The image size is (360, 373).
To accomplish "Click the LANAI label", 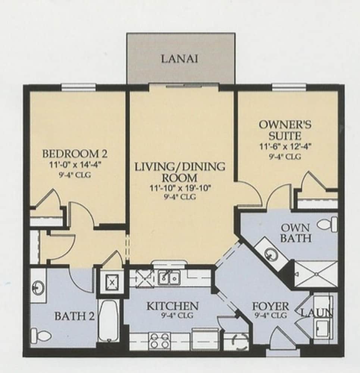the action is [180, 59].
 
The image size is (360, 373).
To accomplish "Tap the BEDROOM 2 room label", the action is [75, 154].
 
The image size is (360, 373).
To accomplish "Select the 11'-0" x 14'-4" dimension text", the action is [75, 165].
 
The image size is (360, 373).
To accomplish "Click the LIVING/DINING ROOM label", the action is [180, 172].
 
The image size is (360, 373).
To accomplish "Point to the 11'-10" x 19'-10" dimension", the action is [180, 188].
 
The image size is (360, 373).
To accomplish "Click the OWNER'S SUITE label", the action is [285, 130].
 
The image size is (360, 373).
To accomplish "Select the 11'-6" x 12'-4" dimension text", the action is [285, 146].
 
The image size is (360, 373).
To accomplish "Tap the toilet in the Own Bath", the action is [328, 224].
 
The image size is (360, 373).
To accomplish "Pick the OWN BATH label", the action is [295, 233].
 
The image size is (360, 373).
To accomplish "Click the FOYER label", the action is [270, 306].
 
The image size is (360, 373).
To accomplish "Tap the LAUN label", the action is [317, 313].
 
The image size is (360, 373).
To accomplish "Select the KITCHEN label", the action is [172, 306].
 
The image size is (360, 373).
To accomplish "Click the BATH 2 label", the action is [75, 316].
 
